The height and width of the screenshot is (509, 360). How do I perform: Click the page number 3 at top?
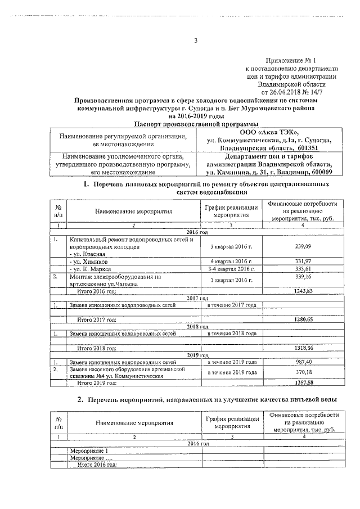196,40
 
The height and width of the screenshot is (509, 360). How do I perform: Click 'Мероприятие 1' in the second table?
88,451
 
